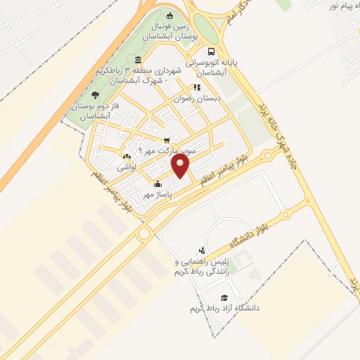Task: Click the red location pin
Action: point(181,166)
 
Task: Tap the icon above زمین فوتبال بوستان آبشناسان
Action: point(169,15)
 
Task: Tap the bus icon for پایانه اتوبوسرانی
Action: point(211,51)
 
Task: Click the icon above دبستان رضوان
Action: point(197,88)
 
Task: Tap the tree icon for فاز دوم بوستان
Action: point(95,94)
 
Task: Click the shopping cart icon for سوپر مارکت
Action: point(167,140)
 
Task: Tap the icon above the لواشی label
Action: point(126,157)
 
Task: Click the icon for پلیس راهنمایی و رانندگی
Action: point(202,250)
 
